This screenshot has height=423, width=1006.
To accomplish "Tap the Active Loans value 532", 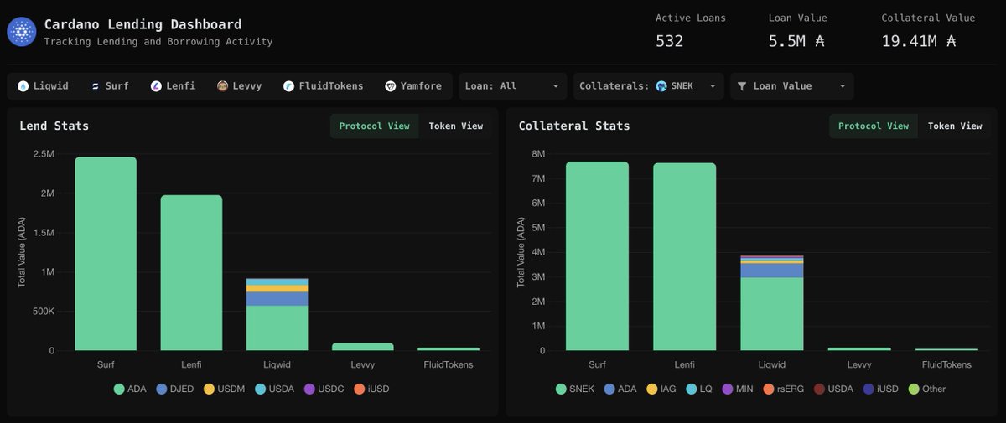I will coord(669,40).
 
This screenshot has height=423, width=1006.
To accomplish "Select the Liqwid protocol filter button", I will coord(44,85).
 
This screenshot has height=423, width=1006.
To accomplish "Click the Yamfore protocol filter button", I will coord(413,85).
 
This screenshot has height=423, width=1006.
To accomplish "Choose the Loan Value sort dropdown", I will coord(792,85).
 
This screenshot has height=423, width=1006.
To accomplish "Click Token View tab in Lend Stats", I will coord(455,126).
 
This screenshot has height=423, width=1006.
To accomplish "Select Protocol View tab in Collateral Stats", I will coord(873,126).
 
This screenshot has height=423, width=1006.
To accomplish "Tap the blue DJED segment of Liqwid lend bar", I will coord(277,299).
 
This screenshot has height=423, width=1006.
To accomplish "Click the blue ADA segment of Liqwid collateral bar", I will coord(771,270).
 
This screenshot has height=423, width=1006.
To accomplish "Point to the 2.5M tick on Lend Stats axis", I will coord(44,154).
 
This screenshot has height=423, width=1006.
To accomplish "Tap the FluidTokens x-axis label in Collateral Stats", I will coord(946,364).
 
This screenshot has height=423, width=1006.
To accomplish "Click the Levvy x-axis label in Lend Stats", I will coord(362,364).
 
